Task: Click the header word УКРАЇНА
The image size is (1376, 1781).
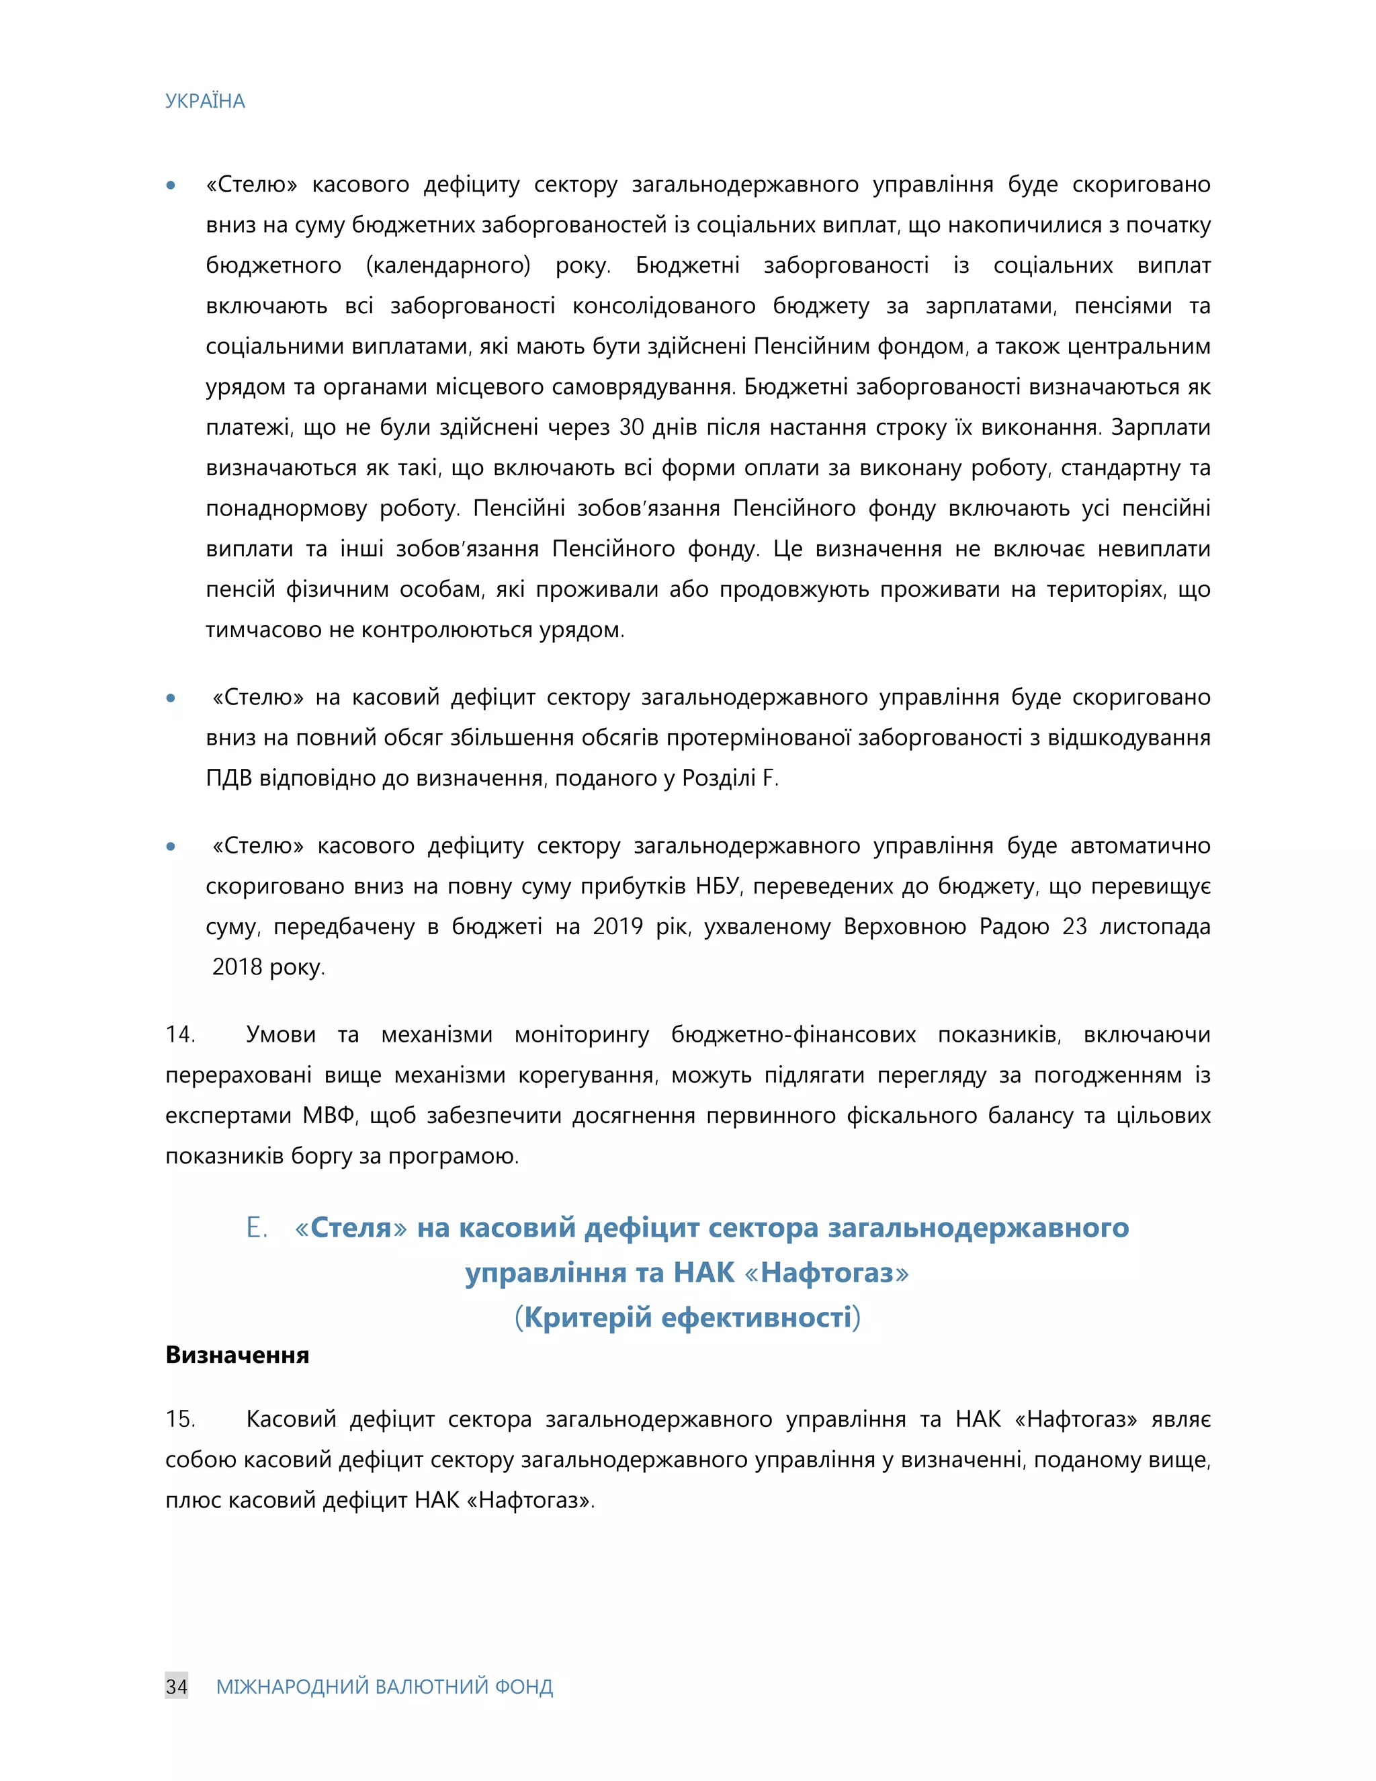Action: (x=205, y=101)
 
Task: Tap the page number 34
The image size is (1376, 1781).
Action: (x=176, y=1686)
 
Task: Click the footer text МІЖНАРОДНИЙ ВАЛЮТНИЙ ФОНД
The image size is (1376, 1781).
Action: (x=384, y=1686)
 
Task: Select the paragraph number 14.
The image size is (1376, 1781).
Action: (x=180, y=1035)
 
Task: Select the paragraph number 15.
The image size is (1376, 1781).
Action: (x=180, y=1419)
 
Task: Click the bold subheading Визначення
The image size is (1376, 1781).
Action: (x=237, y=1354)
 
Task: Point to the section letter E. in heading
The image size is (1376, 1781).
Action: (x=257, y=1227)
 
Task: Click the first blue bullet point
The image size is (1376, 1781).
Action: (x=171, y=185)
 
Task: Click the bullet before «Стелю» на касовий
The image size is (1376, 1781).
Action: (x=171, y=698)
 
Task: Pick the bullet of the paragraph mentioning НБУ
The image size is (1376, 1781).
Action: (x=171, y=846)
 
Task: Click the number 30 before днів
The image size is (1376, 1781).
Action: (x=632, y=427)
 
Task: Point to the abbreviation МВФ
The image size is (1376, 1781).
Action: (x=329, y=1116)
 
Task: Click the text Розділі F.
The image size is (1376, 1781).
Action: (x=730, y=778)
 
